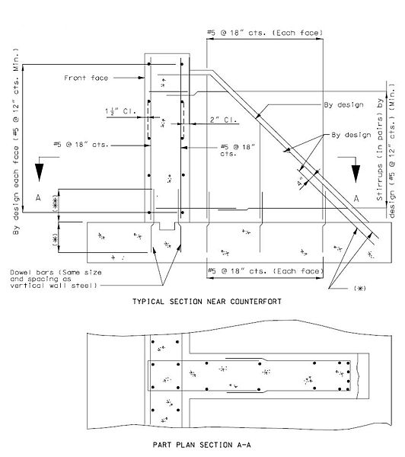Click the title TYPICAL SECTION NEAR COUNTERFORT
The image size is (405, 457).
[207, 302]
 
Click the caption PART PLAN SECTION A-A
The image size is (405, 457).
[202, 445]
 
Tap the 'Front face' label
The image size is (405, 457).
[86, 78]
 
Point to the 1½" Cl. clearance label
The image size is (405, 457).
[120, 111]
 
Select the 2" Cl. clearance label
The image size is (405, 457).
[224, 120]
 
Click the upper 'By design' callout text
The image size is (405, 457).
[344, 104]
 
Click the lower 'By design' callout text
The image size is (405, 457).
[351, 135]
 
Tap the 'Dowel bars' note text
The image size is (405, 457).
[56, 280]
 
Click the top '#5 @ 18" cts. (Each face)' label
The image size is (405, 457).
[265, 33]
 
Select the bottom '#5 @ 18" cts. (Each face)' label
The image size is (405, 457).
[265, 271]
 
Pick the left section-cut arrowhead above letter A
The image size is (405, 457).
[40, 172]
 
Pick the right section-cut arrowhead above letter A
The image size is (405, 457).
[356, 174]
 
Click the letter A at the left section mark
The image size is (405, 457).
[38, 198]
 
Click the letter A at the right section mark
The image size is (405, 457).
[356, 199]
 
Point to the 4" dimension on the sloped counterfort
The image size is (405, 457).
[301, 184]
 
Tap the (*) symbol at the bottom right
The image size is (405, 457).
[360, 288]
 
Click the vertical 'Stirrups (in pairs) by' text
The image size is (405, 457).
[380, 149]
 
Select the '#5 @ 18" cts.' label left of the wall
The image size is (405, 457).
[81, 144]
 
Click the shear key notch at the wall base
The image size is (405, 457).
[167, 226]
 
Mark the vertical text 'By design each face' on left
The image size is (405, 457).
[16, 191]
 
